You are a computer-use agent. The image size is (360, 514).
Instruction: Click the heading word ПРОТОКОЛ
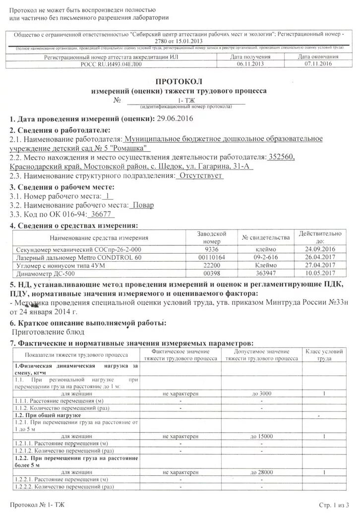click(x=179, y=82)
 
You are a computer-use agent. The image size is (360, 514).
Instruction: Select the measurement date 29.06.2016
click(x=174, y=119)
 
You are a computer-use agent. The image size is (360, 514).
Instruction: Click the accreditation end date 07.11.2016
click(x=318, y=64)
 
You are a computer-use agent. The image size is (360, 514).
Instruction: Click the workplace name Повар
click(x=142, y=205)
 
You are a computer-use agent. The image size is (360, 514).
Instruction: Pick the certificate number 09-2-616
click(x=265, y=257)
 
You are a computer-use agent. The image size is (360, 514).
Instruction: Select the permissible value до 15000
click(x=261, y=436)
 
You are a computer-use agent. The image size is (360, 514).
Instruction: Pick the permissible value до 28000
click(x=261, y=472)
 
